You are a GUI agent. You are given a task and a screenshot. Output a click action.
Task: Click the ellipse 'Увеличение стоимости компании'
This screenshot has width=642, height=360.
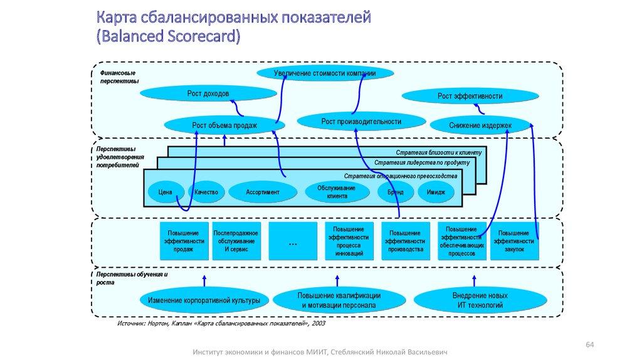[325, 73]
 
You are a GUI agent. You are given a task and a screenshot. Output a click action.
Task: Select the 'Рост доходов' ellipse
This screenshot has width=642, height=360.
[208, 93]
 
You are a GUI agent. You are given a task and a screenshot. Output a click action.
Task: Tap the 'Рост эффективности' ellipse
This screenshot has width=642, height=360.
[470, 96]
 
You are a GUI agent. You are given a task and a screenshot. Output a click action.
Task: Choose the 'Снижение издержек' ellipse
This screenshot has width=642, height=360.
[480, 125]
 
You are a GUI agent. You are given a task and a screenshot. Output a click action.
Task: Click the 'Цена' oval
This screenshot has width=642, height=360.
[166, 192]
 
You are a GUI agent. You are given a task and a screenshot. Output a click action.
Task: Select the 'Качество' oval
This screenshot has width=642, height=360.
[206, 192]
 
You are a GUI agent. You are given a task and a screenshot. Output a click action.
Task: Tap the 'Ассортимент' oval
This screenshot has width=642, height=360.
[262, 192]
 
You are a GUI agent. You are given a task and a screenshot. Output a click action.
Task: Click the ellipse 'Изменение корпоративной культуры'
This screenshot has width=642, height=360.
[204, 301]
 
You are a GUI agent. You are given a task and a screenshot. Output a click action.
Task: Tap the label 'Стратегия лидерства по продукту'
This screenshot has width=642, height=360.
[421, 162]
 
